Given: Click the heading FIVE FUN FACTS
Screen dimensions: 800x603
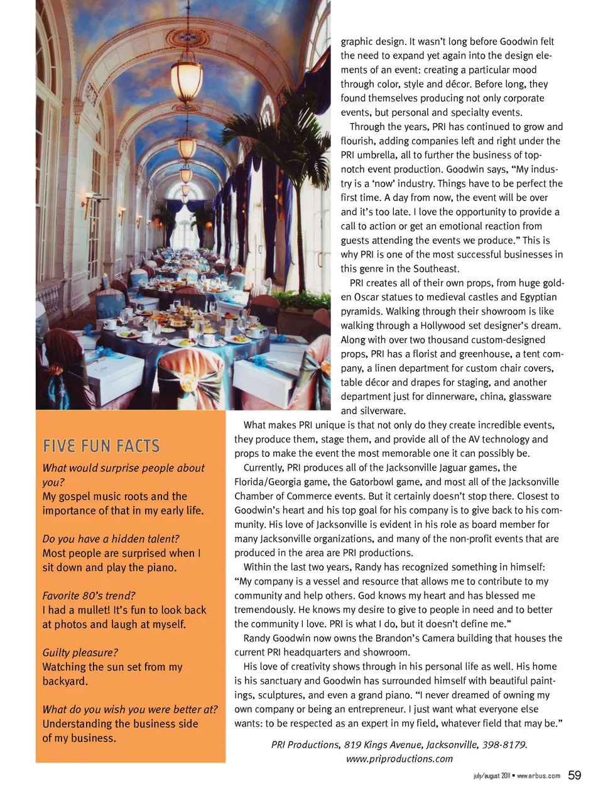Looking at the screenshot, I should [x=101, y=446].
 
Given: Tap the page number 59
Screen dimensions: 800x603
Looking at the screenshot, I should [x=574, y=775].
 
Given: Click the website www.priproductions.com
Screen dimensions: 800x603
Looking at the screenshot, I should [x=399, y=759].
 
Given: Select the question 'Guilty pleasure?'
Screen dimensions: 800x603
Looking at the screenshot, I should [x=80, y=653].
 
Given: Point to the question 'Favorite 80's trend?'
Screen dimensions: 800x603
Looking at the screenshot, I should [x=89, y=596].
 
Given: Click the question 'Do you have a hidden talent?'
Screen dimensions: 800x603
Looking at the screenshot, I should [x=111, y=539].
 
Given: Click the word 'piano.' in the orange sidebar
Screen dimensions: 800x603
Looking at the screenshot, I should [x=161, y=567].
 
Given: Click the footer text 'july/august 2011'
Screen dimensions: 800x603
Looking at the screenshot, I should [x=492, y=776].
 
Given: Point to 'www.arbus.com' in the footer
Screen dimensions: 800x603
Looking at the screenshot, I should [x=538, y=776].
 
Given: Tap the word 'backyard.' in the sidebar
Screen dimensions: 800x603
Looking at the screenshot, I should [x=65, y=681].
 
